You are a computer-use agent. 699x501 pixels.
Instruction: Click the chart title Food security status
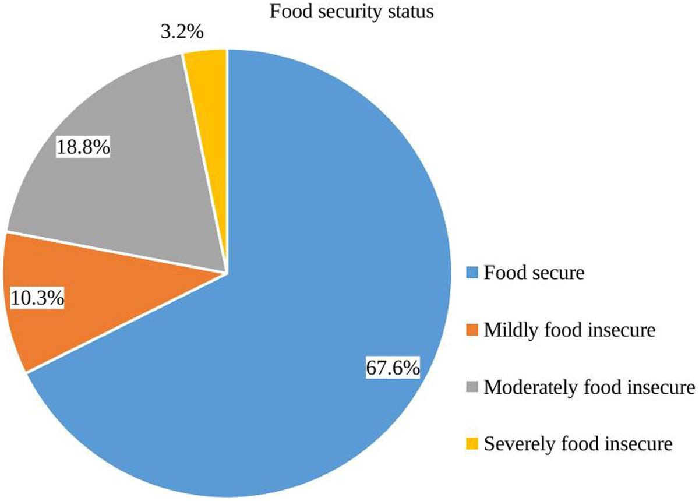(351, 12)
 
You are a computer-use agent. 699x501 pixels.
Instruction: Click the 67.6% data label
(393, 368)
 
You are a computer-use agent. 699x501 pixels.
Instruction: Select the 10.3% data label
(37, 299)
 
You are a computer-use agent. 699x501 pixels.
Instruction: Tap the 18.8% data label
(83, 147)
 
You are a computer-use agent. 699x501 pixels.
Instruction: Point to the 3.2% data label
(182, 31)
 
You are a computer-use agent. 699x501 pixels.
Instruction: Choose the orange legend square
(472, 330)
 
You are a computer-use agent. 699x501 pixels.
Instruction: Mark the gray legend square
(472, 387)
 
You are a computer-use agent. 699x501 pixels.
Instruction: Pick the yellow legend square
(472, 444)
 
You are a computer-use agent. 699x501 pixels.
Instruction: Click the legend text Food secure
(534, 273)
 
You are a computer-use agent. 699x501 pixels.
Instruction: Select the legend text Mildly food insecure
(570, 330)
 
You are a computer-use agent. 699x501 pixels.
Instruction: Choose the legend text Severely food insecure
(578, 444)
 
